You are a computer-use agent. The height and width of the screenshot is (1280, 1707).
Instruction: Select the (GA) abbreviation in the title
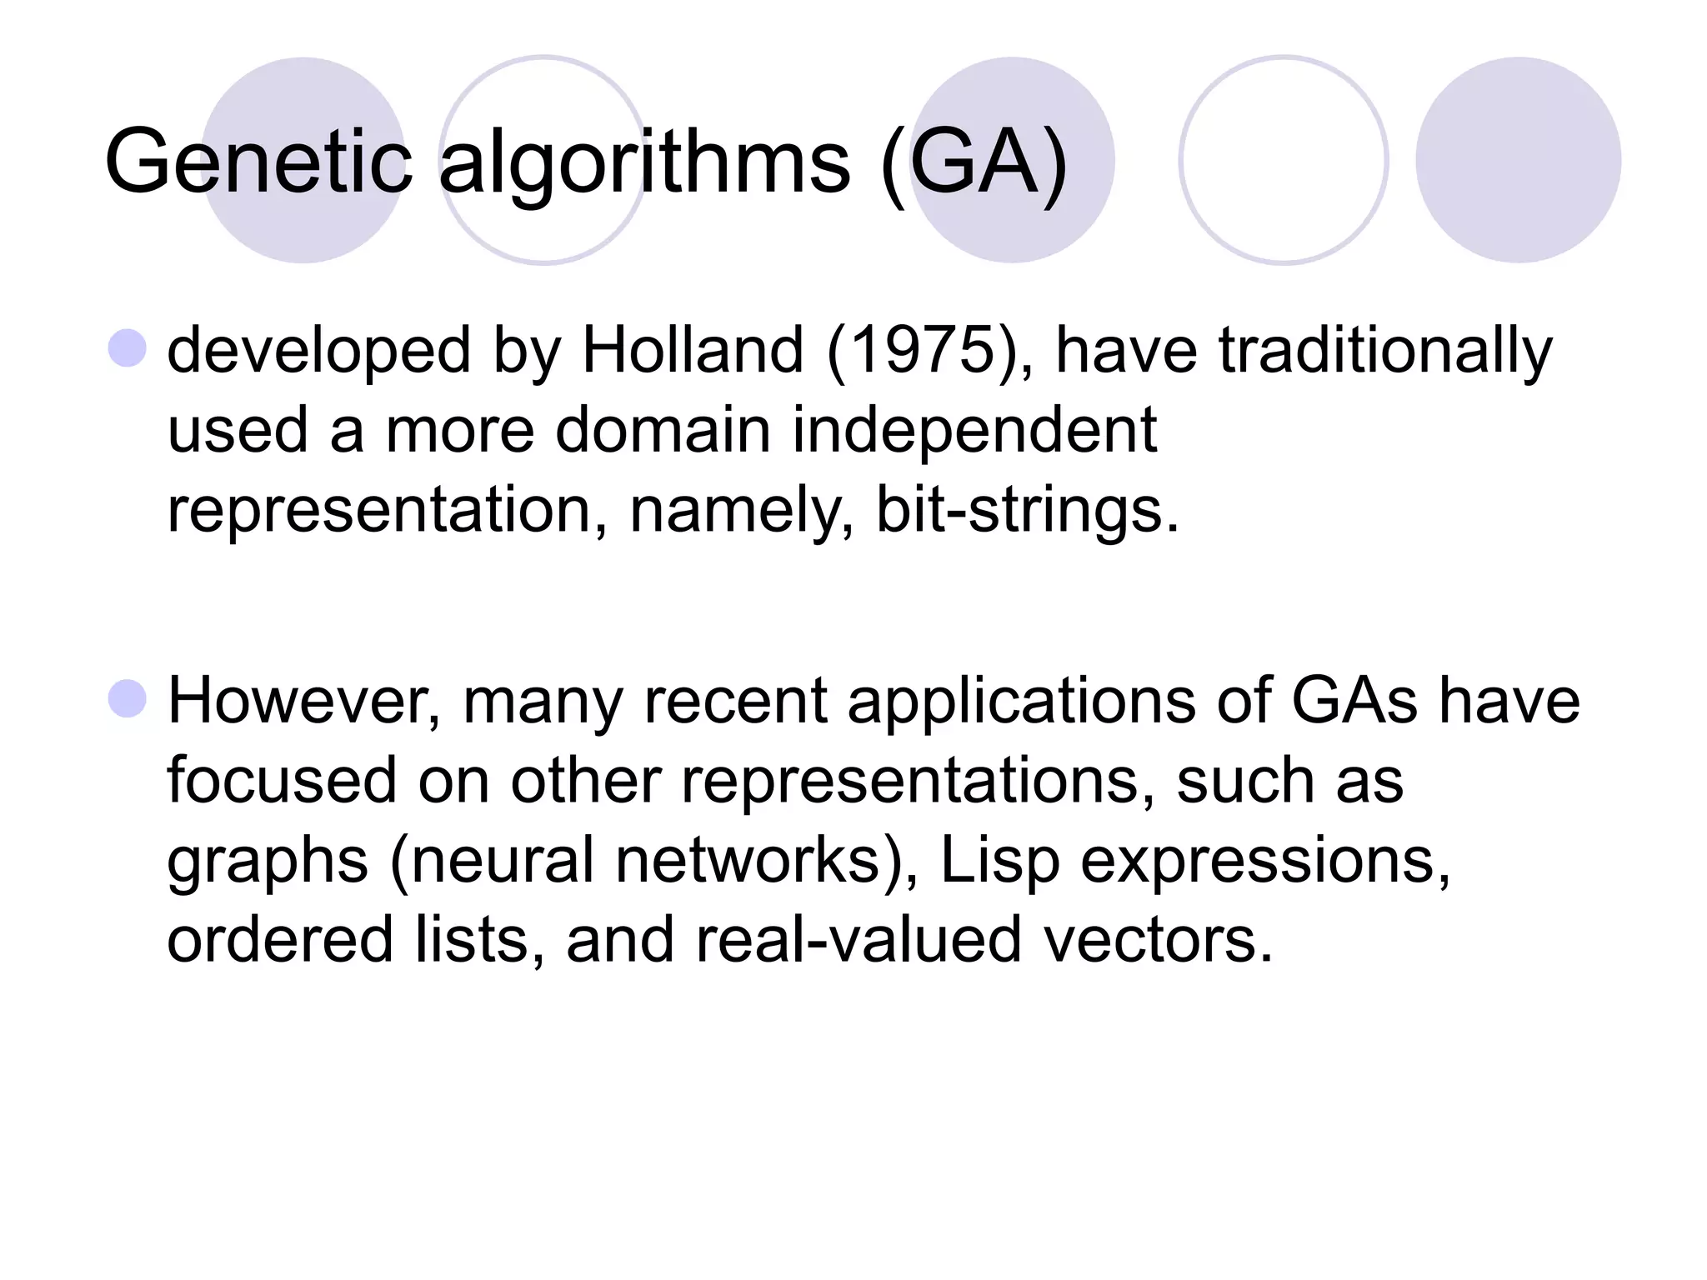[x=973, y=162]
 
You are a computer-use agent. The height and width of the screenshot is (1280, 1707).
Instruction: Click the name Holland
[x=693, y=350]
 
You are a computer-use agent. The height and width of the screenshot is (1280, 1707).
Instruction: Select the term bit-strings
[x=1027, y=509]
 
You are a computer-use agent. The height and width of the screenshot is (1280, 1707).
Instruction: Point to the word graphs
[x=268, y=862]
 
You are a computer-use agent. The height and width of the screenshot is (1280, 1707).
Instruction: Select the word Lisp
[x=999, y=860]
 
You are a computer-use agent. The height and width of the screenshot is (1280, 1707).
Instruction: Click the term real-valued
[x=859, y=939]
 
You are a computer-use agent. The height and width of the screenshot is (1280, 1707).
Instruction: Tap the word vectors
[x=1159, y=939]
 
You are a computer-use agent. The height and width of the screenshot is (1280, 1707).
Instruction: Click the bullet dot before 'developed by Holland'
[x=128, y=348]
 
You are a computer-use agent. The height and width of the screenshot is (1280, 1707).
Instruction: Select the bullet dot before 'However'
[x=128, y=698]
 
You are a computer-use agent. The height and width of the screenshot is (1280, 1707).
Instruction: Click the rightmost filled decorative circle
[x=1518, y=160]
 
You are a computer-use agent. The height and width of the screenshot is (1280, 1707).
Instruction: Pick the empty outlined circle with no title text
[x=1283, y=160]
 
